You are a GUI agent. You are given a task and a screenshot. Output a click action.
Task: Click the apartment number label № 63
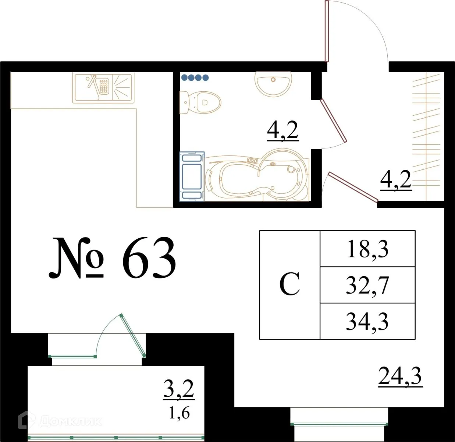[113, 258]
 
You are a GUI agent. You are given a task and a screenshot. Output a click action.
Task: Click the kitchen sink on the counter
[103, 87]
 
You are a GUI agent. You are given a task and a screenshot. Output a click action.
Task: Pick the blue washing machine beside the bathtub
[192, 176]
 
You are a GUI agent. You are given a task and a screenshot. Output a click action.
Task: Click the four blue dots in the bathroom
[195, 78]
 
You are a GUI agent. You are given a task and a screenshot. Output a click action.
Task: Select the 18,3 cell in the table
[367, 249]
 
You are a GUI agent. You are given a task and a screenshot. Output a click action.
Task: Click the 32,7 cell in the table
[367, 285]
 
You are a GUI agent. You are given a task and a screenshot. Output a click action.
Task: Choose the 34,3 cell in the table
[367, 321]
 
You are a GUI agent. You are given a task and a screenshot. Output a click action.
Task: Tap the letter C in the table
[289, 284]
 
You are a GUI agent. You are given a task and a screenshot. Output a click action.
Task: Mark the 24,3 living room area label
[400, 376]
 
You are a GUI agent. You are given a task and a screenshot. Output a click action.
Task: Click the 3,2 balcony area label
[179, 389]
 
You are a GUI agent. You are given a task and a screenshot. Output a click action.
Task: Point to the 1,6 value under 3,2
[179, 413]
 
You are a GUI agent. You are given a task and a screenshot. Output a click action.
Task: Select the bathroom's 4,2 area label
[282, 130]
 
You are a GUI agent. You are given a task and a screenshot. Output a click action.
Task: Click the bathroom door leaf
[333, 120]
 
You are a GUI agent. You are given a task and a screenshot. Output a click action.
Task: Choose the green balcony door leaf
[132, 335]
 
